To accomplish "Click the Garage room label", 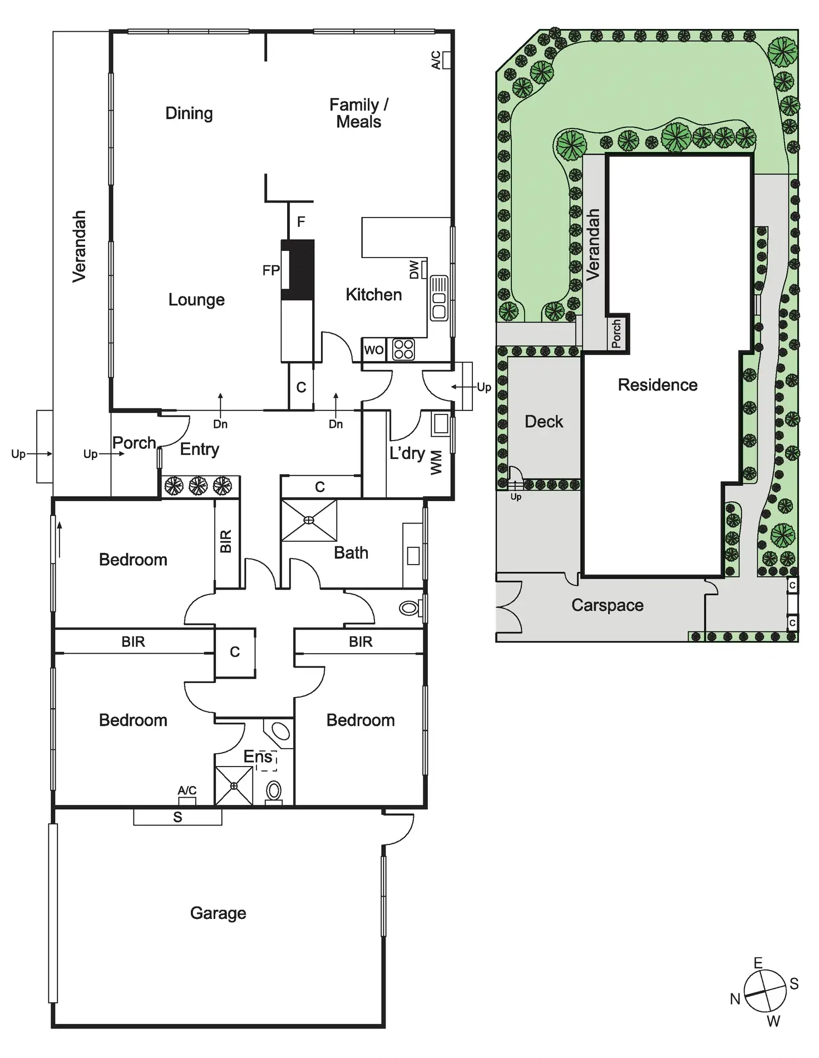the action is tap(218, 913).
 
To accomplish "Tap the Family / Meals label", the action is tap(359, 113).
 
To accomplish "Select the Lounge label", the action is tap(196, 300).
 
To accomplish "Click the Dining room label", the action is tap(189, 113).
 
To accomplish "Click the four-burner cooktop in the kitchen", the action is tap(403, 349).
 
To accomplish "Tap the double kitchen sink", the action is tap(439, 298).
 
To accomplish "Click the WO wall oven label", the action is tap(374, 350).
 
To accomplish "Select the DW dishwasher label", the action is tap(415, 270).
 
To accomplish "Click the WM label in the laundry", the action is tap(437, 462).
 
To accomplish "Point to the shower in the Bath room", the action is tap(309, 521).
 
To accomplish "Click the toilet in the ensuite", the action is tap(274, 791).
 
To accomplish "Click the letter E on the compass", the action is tap(758, 963).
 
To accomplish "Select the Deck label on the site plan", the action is tap(544, 422).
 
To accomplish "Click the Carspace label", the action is tap(607, 605).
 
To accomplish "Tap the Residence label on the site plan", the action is tap(658, 385).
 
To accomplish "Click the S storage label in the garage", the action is tap(177, 817).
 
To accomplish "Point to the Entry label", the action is tap(199, 449).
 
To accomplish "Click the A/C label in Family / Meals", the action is tap(437, 60).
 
